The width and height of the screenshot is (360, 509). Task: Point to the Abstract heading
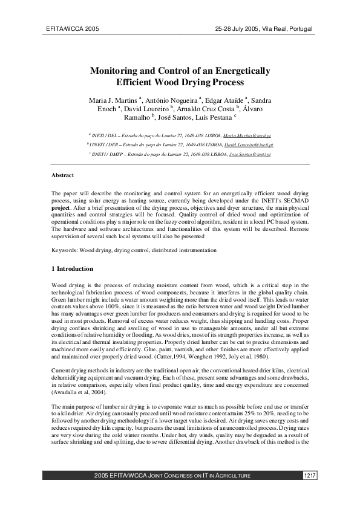click(62, 175)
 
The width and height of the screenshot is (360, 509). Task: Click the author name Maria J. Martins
click(114, 99)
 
